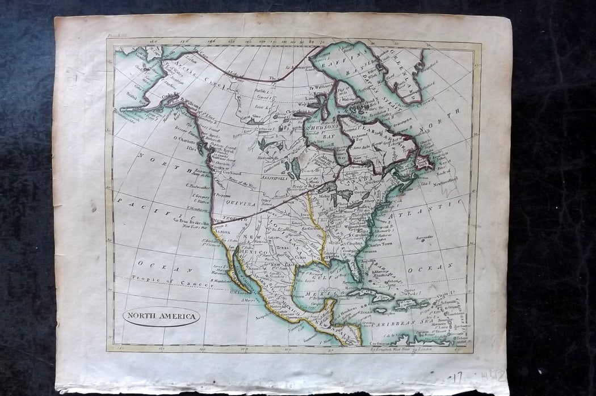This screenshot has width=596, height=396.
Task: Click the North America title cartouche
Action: [161, 316]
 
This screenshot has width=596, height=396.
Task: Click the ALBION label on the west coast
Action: [223, 233]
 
